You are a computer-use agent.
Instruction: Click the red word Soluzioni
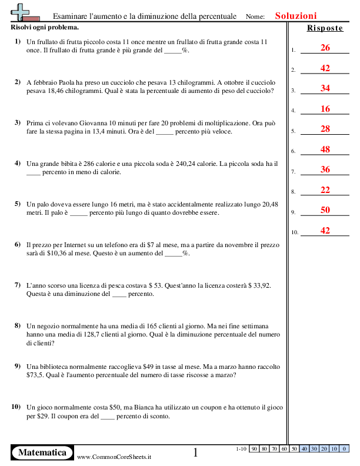pos(296,16)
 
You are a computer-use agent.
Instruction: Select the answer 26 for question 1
pos(325,48)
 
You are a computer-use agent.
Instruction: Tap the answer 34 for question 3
pos(325,88)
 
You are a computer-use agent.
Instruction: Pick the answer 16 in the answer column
pos(325,109)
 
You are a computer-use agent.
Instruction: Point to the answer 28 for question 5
pos(325,129)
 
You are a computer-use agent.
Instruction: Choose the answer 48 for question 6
pos(325,149)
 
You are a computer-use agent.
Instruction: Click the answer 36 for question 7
pos(325,169)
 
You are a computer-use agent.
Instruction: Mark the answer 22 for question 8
pos(325,189)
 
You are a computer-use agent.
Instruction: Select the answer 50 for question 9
pos(325,210)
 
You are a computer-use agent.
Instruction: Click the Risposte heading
pos(325,28)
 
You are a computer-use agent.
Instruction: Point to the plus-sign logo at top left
pos(20,12)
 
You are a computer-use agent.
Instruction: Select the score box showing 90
pos(255,449)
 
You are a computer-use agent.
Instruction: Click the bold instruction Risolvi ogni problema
pos(45,28)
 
